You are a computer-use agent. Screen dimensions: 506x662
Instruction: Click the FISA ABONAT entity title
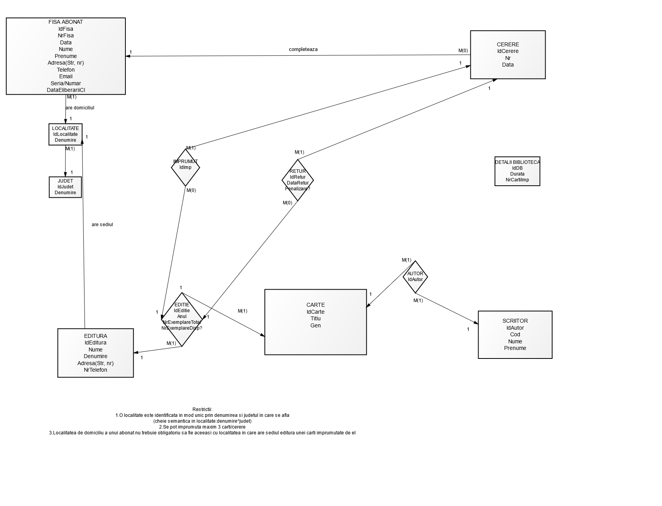65,22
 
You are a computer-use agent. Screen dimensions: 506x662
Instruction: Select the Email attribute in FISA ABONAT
65,76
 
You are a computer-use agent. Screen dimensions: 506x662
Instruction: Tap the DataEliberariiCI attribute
65,90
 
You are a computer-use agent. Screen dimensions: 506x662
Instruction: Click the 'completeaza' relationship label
303,49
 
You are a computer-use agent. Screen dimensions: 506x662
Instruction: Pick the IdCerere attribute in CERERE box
507,51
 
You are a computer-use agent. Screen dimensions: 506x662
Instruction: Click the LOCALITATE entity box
65,134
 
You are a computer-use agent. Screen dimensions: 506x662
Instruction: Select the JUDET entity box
65,187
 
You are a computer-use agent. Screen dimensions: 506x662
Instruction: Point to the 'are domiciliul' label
80,108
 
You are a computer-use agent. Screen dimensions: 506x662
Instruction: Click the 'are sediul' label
102,225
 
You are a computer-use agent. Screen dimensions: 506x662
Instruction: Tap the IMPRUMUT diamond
185,167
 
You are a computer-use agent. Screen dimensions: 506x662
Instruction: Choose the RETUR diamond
298,180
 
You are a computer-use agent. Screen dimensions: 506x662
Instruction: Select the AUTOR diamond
415,277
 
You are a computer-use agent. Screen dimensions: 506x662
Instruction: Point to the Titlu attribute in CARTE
315,318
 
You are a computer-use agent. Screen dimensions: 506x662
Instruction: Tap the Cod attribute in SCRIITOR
515,334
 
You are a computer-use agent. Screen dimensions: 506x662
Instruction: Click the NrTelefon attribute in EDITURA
95,370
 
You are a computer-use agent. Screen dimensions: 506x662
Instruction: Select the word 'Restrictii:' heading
202,409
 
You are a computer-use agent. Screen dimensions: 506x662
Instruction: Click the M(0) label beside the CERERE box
463,51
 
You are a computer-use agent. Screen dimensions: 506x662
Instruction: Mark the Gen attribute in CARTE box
315,325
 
